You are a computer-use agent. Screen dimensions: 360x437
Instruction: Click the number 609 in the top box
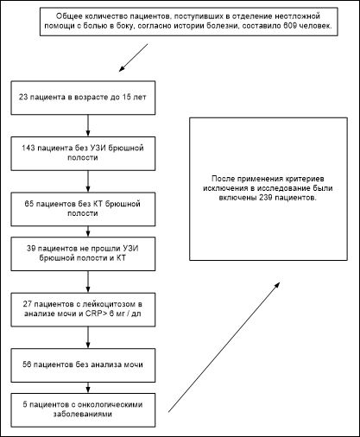[x=288, y=25]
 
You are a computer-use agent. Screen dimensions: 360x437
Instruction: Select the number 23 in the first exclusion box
[x=23, y=98]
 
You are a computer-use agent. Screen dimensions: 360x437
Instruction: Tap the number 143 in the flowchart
[x=28, y=148]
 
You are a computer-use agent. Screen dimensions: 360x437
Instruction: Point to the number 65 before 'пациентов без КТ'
[x=29, y=204]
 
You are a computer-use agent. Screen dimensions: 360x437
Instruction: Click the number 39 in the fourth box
[x=31, y=249]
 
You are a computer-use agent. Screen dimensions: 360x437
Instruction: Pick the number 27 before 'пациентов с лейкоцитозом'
[x=28, y=304]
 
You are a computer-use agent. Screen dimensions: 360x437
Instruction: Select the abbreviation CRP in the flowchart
[x=92, y=313]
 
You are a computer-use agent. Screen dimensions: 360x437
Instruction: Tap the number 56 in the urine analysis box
[x=27, y=364]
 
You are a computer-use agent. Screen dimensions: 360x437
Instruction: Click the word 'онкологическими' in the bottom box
[x=111, y=404]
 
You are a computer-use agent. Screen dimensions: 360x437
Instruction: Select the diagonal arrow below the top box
[x=134, y=58]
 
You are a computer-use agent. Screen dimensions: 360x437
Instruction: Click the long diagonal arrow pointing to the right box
[x=224, y=347]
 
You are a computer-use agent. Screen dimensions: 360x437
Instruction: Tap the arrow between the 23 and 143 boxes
[x=88, y=125]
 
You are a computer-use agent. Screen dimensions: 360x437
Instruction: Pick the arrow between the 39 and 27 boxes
[x=88, y=282]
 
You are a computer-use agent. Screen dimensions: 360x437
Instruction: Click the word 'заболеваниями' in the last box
[x=83, y=414]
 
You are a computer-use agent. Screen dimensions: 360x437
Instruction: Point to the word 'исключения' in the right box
[x=224, y=188]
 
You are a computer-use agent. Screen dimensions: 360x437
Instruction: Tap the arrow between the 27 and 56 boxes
[x=88, y=338]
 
